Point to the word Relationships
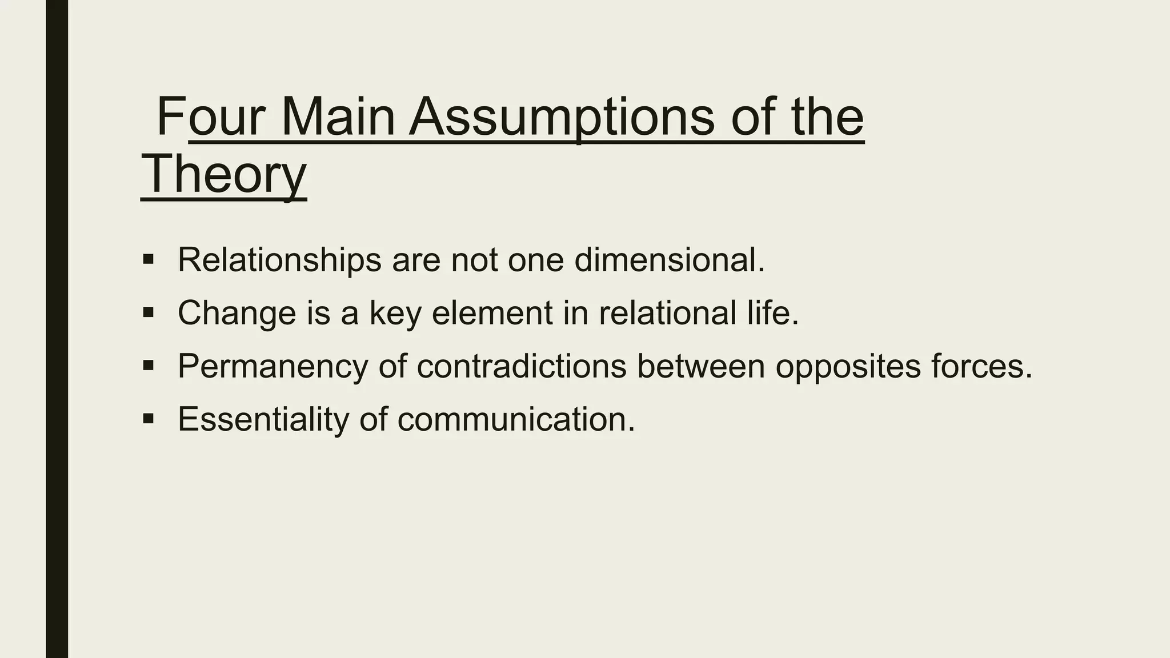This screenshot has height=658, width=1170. (x=279, y=260)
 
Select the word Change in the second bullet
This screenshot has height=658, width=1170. (x=237, y=313)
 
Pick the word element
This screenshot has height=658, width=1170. (x=492, y=313)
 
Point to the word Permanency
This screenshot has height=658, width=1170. (x=273, y=366)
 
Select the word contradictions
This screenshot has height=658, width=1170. (x=522, y=366)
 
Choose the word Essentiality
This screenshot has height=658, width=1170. (x=263, y=419)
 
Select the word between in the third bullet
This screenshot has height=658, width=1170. (x=700, y=366)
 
